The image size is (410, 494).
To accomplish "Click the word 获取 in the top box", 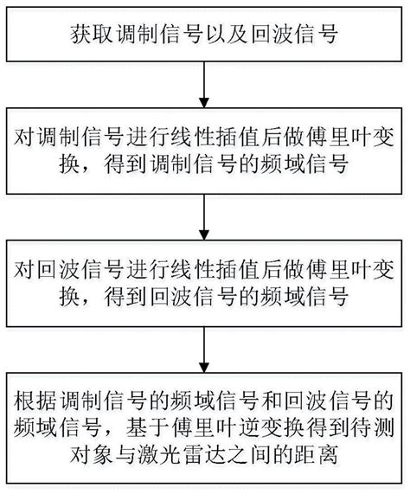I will point(90,37).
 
